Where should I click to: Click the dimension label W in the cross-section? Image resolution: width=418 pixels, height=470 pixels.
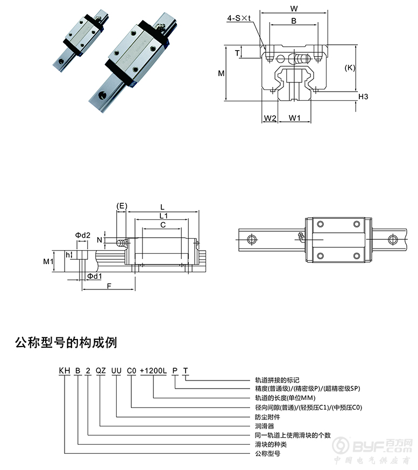tap(293, 8)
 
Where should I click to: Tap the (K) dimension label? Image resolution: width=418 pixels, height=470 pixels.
tap(350, 67)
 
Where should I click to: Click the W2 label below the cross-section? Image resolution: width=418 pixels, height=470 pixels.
tap(270, 118)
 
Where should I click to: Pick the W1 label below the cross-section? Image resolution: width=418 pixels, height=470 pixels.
tap(294, 118)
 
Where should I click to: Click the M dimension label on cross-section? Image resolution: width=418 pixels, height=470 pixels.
tap(221, 73)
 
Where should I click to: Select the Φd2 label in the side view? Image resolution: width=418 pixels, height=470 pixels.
tap(82, 235)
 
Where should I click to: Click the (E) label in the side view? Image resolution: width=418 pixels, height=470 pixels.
tap(122, 206)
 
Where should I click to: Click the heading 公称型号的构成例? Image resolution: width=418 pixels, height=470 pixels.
tap(66, 342)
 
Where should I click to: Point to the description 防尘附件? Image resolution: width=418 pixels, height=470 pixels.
tap(267, 417)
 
